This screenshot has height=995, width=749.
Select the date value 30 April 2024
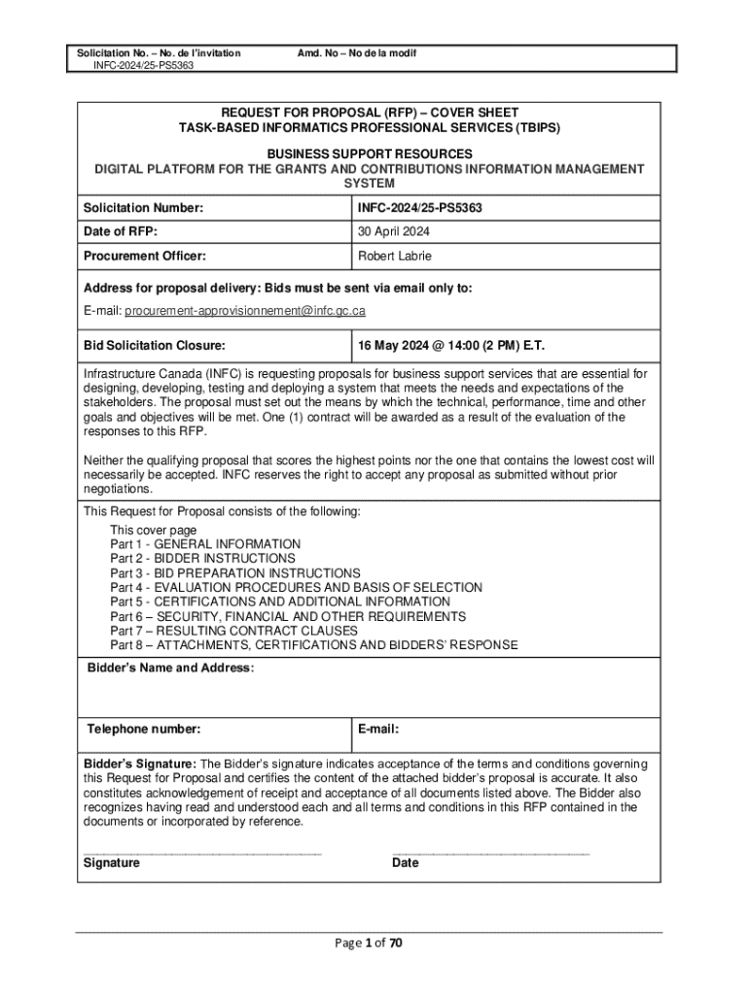pos(394,231)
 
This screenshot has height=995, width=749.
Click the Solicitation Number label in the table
pos(143,208)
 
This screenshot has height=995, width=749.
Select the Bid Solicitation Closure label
pos(155,345)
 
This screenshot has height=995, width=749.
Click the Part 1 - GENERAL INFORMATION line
pos(205,544)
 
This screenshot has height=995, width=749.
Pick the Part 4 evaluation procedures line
pos(296,588)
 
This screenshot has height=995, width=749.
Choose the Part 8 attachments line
pos(313,645)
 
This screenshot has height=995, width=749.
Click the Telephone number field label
pos(144,729)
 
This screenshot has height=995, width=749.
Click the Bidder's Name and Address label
pos(170,669)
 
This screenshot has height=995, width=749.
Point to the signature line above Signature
pos(202,852)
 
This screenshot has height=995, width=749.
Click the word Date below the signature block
pos(406,863)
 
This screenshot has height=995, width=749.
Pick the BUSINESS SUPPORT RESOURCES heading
pos(370,154)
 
